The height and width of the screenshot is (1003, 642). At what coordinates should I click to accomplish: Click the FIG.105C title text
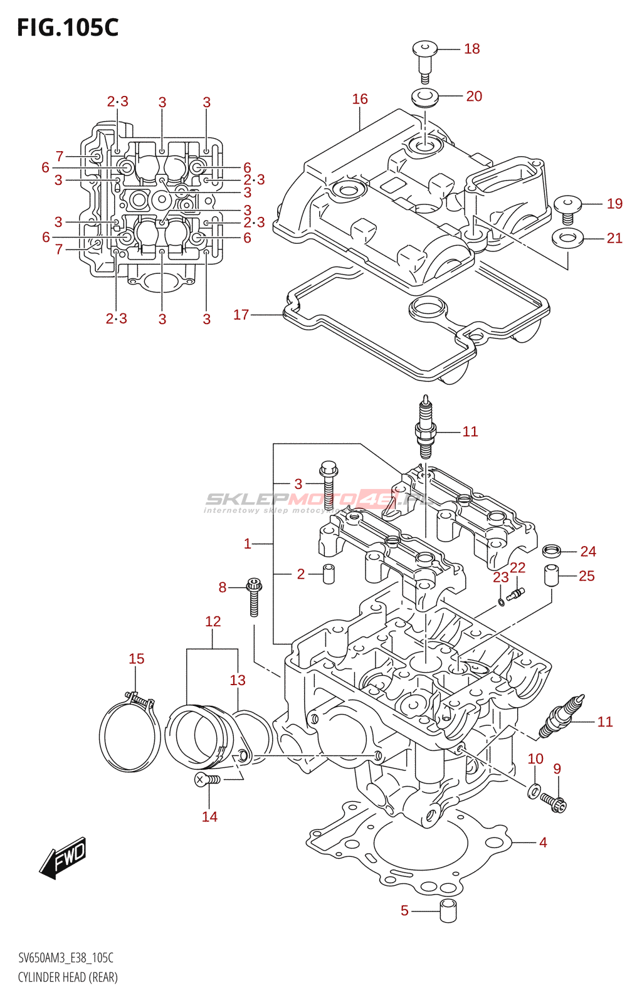coord(68,28)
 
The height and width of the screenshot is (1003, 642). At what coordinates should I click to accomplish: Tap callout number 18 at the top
coord(471,49)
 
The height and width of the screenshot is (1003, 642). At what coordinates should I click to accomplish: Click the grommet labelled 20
coord(424,98)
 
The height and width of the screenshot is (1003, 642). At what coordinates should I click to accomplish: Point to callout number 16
coord(360,99)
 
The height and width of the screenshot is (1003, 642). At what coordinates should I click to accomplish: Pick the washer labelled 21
coord(567,238)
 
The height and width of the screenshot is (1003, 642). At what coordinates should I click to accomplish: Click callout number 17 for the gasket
coord(241,315)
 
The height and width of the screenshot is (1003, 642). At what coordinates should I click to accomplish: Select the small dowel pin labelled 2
coord(329,574)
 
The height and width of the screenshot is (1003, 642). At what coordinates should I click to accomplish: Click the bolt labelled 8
coord(254,596)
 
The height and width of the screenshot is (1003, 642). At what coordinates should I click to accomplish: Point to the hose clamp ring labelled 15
coord(129,733)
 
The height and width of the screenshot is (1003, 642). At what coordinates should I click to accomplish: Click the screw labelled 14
coord(207,780)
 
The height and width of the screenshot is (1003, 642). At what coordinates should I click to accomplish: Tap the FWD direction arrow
coord(63,857)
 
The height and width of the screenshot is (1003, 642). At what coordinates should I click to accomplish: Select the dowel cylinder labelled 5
coord(448,911)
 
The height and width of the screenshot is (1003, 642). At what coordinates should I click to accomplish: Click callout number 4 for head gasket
coord(543,843)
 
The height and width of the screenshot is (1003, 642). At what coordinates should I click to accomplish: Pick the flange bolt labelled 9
coord(555,802)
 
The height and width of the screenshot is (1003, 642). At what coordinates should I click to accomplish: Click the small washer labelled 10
coord(534,790)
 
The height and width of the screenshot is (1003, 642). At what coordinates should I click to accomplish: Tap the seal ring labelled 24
coord(551,551)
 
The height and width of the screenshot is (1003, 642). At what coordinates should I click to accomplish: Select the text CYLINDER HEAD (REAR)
coord(68,977)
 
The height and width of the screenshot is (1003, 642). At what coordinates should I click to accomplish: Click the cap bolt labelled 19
coord(568,208)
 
